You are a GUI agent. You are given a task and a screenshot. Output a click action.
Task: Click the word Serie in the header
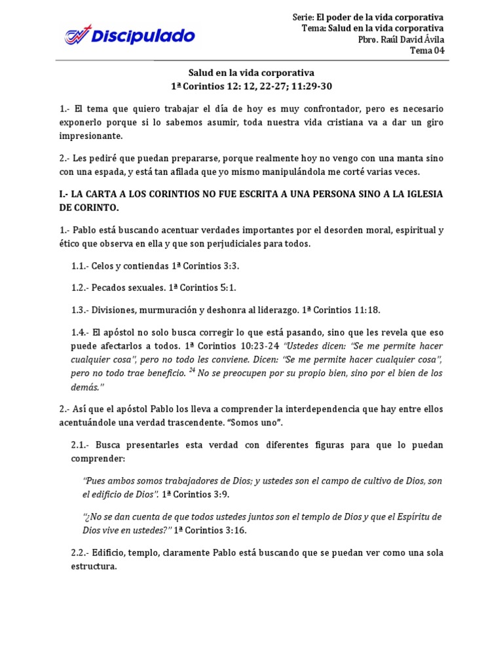click(x=304, y=17)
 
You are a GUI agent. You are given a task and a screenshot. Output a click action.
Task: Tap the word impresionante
click(x=98, y=136)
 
